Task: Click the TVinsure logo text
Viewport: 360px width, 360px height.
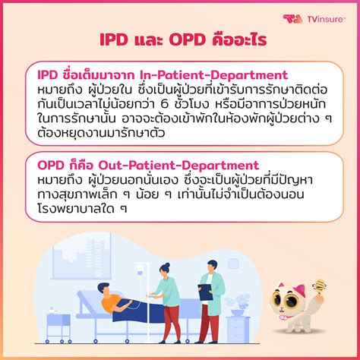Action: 326,17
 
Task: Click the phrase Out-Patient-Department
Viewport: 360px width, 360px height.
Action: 174,165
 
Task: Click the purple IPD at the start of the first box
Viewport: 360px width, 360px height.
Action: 49,75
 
